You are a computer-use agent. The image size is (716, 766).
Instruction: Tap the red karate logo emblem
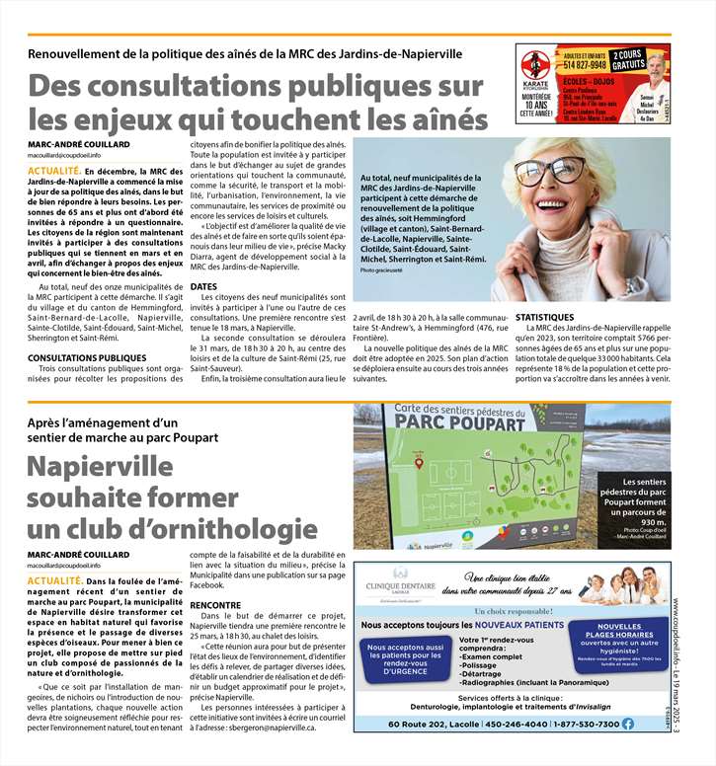coord(535,68)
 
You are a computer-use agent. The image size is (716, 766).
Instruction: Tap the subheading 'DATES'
coord(203,287)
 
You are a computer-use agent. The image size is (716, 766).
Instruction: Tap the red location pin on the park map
coord(419,461)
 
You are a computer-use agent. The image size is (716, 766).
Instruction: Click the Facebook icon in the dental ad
coord(627,724)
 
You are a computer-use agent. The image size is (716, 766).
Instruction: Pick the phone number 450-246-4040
coord(489,724)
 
